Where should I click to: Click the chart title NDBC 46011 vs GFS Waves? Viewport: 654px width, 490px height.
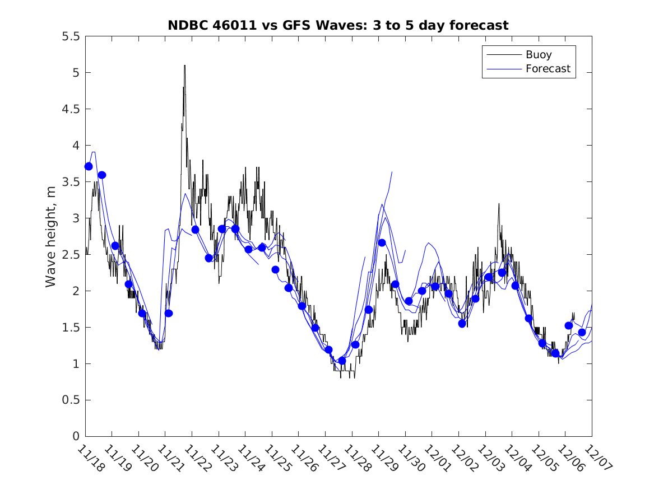[338, 25]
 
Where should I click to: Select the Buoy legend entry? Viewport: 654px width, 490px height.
[538, 55]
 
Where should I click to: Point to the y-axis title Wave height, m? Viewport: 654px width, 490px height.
[51, 236]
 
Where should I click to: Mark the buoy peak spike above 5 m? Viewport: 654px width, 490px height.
[184, 66]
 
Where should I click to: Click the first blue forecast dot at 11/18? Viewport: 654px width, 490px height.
[89, 166]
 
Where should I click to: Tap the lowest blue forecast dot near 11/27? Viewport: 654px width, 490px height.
[342, 360]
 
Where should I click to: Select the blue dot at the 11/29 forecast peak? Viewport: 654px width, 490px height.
[382, 242]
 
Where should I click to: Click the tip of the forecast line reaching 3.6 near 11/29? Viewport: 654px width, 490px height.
[392, 172]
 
